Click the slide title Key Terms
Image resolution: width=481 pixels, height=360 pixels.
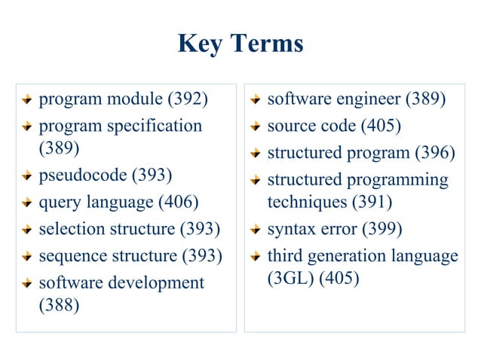pyautogui.click(x=240, y=43)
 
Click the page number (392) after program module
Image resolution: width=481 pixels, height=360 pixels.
pyautogui.click(x=188, y=99)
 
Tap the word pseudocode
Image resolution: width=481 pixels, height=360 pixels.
pyautogui.click(x=84, y=175)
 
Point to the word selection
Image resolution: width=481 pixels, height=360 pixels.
pyautogui.click(x=69, y=229)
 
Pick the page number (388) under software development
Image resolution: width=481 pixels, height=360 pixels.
pyautogui.click(x=60, y=307)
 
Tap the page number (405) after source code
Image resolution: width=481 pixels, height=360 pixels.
pyautogui.click(x=381, y=125)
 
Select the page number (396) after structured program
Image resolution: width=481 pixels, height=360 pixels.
pyautogui.click(x=436, y=153)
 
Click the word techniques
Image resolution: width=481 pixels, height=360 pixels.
pyautogui.click(x=306, y=202)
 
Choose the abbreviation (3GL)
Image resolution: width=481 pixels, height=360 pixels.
pyautogui.click(x=291, y=278)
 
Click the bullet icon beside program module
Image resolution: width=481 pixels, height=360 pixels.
pyautogui.click(x=27, y=99)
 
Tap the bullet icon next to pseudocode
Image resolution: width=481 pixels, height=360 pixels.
pyautogui.click(x=27, y=176)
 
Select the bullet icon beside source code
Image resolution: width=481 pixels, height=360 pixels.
pyautogui.click(x=256, y=126)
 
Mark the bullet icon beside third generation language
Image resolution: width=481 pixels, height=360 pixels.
pyautogui.click(x=256, y=257)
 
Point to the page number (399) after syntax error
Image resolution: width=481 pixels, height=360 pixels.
pyautogui.click(x=383, y=229)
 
